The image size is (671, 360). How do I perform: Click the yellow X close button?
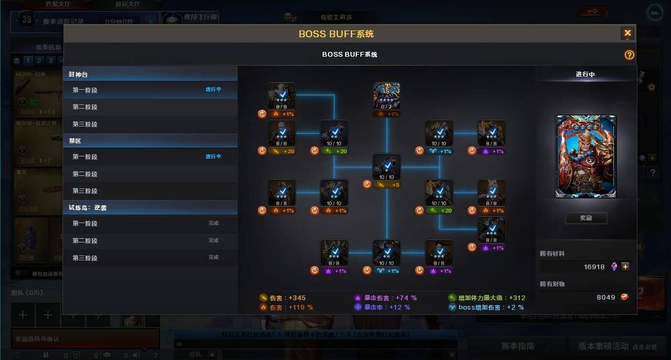627,34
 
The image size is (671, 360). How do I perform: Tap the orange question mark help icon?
629,55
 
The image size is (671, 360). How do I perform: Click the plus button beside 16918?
625,267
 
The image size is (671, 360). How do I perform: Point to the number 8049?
605,297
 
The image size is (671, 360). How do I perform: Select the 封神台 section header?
79,75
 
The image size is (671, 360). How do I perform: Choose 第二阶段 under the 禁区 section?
85,174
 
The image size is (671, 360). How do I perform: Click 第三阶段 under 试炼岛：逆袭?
85,258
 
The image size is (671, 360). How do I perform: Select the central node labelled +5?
387,167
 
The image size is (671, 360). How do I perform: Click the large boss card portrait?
585,156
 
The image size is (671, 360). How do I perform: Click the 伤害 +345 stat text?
287,298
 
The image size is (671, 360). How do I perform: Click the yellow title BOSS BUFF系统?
336,34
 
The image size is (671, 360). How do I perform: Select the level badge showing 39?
27,20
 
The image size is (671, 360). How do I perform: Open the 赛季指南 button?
517,346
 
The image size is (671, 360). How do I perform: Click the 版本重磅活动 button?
603,346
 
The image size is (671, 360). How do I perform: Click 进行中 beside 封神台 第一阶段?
213,90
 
